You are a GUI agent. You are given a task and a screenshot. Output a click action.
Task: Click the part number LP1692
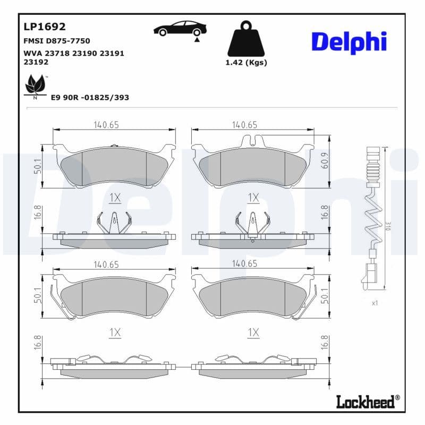click(45, 27)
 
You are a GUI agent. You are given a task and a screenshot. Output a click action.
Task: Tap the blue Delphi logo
click(348, 42)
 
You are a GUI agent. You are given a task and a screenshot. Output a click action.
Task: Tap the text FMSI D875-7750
click(57, 40)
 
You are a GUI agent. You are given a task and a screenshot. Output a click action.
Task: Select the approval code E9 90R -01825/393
click(90, 98)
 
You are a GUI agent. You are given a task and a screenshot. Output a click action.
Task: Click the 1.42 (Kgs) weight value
click(246, 63)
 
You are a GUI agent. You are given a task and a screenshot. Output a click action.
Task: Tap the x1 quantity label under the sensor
click(374, 303)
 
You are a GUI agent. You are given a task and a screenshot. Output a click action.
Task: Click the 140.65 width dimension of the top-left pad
click(106, 125)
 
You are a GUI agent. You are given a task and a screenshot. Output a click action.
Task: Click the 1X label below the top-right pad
click(253, 198)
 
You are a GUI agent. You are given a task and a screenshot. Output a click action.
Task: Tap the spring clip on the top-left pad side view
click(114, 222)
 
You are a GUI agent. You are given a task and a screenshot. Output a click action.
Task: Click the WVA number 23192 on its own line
click(36, 62)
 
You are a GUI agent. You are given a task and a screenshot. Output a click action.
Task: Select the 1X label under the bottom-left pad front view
click(115, 333)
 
